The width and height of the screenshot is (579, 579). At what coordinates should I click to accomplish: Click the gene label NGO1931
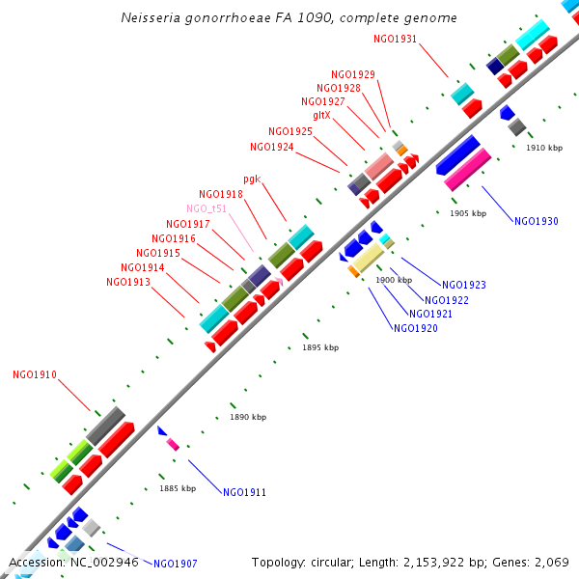(395, 39)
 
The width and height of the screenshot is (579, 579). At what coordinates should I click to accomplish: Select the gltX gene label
(321, 115)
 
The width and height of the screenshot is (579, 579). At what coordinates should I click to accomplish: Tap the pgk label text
(253, 179)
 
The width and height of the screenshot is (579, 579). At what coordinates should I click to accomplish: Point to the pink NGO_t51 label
(207, 208)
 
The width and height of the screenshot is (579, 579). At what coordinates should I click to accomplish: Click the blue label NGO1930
(537, 221)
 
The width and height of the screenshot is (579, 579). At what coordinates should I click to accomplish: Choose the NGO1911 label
(244, 492)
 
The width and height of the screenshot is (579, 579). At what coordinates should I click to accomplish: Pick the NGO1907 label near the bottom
(175, 564)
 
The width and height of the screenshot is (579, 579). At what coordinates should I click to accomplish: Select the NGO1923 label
(463, 285)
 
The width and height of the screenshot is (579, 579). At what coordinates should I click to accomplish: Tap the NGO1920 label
(415, 328)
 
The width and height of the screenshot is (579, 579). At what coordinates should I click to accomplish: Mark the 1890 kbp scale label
(248, 417)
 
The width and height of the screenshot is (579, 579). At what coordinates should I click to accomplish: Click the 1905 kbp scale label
(468, 212)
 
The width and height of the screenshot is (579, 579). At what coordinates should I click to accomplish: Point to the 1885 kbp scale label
(178, 488)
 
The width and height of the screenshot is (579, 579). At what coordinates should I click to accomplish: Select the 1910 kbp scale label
(543, 148)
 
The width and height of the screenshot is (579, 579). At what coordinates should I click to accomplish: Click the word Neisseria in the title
(154, 18)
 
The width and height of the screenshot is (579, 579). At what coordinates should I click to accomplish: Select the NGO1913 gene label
(128, 282)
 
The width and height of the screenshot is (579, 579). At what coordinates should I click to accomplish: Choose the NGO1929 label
(353, 74)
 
